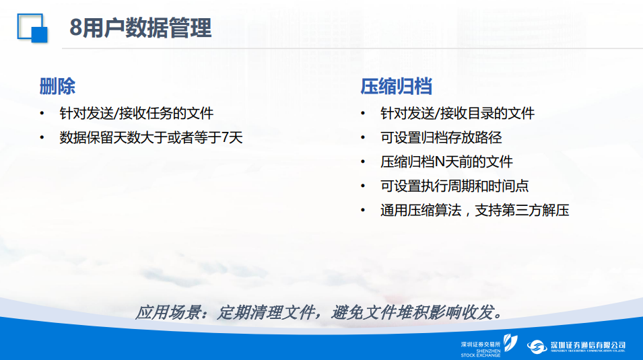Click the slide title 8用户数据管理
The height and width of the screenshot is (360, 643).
click(x=140, y=28)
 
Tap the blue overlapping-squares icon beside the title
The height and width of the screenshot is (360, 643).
click(x=32, y=28)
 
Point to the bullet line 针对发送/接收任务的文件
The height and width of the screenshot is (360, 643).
click(x=137, y=113)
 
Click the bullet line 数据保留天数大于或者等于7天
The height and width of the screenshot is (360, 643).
click(x=151, y=137)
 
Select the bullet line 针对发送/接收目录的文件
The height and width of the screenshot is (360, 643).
click(x=457, y=113)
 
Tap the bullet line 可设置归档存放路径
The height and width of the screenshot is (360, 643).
click(x=441, y=137)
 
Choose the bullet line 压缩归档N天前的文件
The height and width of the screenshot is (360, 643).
click(x=446, y=161)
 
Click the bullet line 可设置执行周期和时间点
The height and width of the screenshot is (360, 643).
click(x=454, y=186)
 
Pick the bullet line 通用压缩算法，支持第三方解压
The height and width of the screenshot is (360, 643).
click(x=475, y=210)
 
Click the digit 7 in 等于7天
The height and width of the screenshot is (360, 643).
click(x=225, y=138)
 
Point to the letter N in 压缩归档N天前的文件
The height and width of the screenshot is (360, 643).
click(x=440, y=162)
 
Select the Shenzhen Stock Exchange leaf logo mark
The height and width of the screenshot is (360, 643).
click(x=510, y=343)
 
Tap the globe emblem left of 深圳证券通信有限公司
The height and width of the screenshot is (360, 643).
click(x=537, y=347)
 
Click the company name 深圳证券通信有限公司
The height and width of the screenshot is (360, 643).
click(x=588, y=345)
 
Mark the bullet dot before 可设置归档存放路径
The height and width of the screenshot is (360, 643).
click(x=362, y=138)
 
